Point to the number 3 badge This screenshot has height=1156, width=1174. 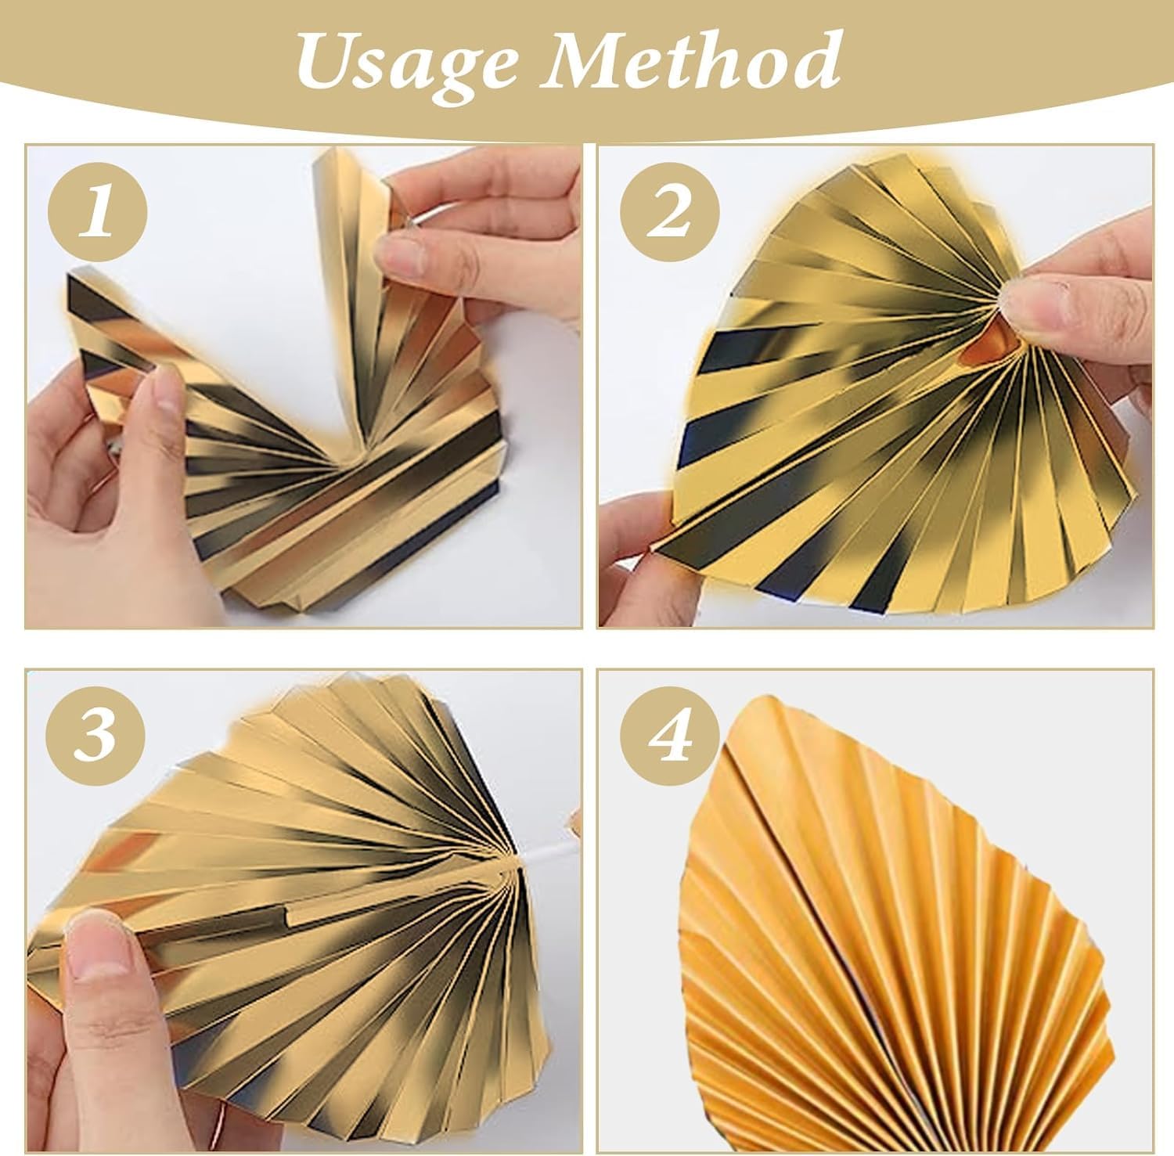(x=98, y=736)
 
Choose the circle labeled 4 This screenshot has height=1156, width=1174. (x=670, y=736)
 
